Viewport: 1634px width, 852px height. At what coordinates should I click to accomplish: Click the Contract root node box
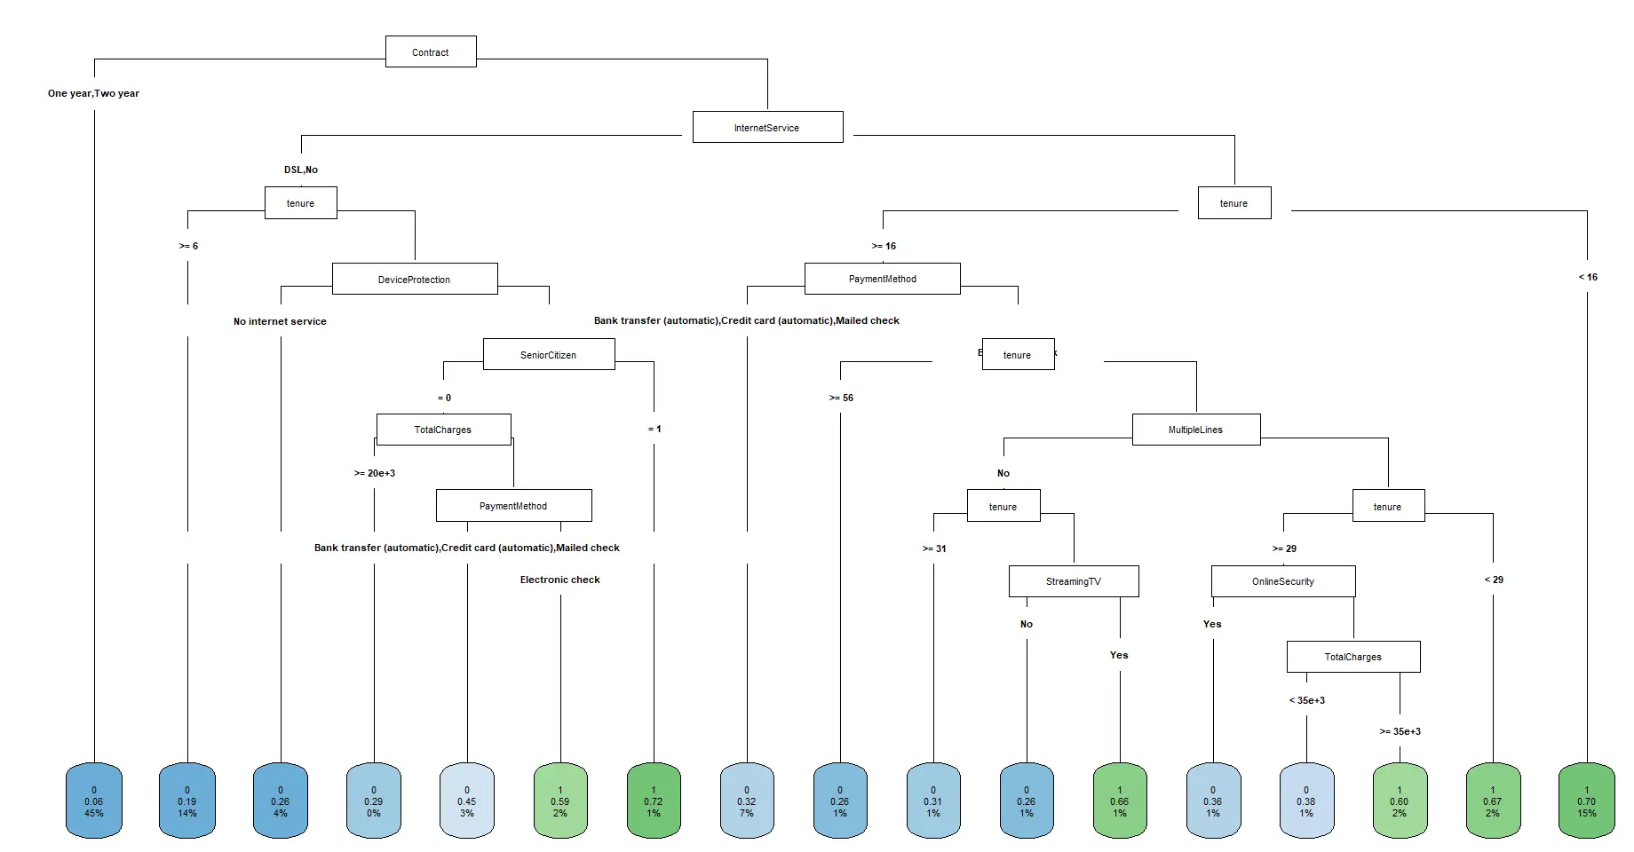[x=431, y=52]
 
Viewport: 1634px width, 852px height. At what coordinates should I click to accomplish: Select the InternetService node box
[x=767, y=128]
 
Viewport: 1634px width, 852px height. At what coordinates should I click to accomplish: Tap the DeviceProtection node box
[x=414, y=280]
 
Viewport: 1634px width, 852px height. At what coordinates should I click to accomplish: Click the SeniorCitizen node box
[x=548, y=355]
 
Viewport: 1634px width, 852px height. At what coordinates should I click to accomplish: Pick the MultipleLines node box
[x=1195, y=430]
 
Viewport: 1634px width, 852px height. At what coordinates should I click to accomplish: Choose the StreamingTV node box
[x=1073, y=581]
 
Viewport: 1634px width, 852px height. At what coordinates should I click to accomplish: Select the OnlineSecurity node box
[x=1282, y=581]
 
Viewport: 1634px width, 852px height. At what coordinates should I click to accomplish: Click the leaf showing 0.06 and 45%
[x=93, y=801]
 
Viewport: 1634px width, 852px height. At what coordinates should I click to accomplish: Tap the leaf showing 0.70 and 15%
[x=1586, y=801]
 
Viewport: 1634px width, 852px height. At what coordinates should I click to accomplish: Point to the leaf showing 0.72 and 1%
[x=654, y=801]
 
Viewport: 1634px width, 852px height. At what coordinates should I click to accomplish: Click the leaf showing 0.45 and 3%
[x=467, y=801]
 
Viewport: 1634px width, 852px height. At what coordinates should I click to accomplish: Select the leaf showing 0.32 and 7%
[x=747, y=801]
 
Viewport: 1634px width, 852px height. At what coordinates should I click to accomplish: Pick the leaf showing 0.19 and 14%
[x=187, y=801]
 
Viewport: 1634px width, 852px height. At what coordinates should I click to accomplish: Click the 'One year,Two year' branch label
[x=93, y=93]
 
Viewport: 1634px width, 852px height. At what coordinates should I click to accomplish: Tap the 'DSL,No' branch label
[x=301, y=170]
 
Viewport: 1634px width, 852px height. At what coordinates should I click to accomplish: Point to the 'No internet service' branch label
[x=280, y=321]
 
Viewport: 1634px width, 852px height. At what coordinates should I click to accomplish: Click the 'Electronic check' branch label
[x=559, y=580]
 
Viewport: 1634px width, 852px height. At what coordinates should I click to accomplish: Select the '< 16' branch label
[x=1588, y=277]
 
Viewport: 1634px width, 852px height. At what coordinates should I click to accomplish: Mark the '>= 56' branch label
[x=841, y=398]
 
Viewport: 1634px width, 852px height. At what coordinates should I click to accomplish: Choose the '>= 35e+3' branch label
[x=1400, y=731]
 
